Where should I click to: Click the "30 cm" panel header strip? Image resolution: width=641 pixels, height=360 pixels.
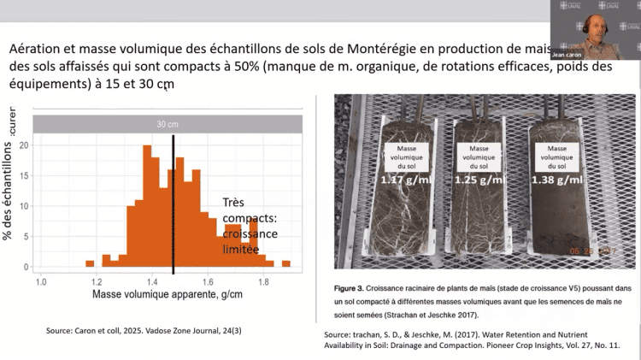click(x=167, y=124)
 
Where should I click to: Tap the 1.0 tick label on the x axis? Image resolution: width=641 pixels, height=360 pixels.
click(x=39, y=280)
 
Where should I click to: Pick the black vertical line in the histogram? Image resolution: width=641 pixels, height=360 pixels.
click(x=173, y=204)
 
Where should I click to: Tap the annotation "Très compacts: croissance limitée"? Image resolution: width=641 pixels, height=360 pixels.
click(x=244, y=219)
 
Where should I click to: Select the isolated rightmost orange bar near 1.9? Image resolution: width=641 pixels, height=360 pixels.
click(x=286, y=263)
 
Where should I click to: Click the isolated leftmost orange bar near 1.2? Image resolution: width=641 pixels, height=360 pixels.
click(x=90, y=263)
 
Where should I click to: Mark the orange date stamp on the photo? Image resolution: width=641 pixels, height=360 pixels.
click(x=592, y=251)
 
